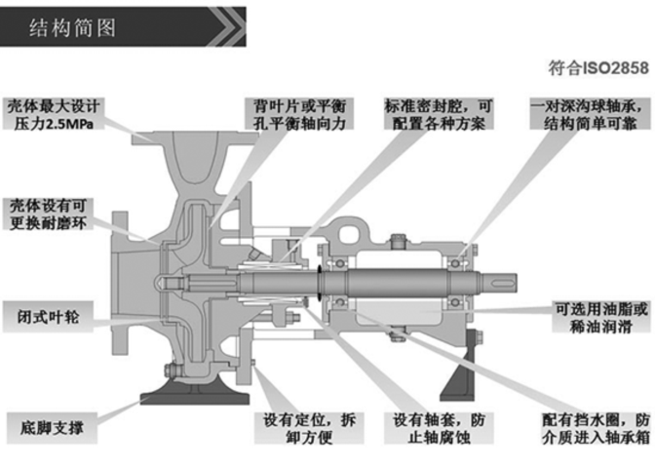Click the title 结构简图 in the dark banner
pos(72,28)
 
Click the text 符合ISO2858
pos(598,68)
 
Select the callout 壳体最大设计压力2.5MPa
pos(54,114)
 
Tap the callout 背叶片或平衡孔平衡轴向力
pos(299,114)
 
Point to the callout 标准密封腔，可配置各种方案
pos(439,114)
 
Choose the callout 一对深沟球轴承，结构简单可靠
pos(590,114)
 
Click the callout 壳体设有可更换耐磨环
pos(48,214)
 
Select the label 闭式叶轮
pos(48,317)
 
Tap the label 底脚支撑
pos(52,428)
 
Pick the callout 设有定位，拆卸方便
pos(309,428)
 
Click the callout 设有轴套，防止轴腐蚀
pos(439,428)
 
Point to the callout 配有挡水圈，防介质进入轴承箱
pos(596,428)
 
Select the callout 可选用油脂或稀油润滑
pos(601,317)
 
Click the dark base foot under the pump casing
pos(195,398)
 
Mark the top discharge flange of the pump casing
pos(195,138)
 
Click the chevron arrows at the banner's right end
pos(228,26)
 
